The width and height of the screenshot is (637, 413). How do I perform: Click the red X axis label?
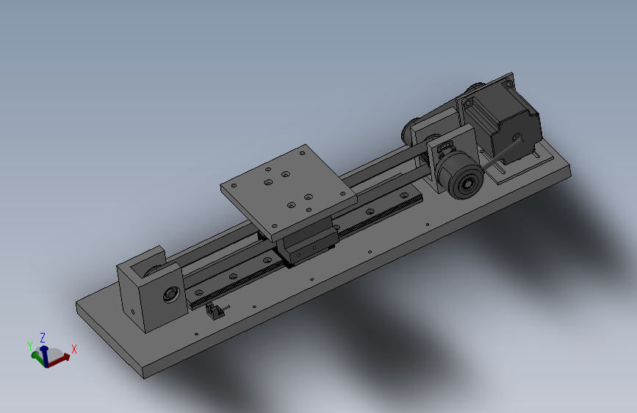tap(74, 349)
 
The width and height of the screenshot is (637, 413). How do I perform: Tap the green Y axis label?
tap(29, 346)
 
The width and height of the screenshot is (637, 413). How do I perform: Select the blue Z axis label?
tap(43, 338)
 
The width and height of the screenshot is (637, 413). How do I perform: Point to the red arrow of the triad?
tap(59, 360)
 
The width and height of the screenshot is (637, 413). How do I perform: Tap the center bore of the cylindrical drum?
tap(467, 184)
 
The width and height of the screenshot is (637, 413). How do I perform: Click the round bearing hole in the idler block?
tap(171, 294)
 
